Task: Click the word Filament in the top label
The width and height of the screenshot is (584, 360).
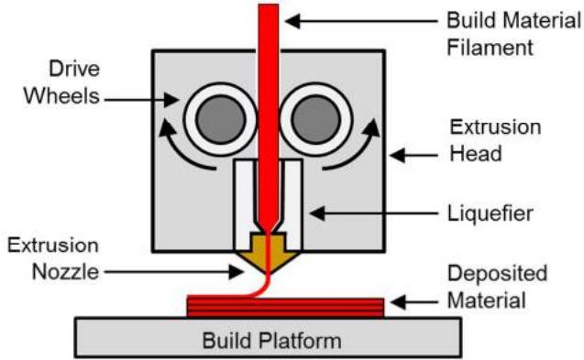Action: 490,48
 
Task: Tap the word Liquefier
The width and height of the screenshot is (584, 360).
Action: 490,213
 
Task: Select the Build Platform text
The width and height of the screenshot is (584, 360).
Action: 271,340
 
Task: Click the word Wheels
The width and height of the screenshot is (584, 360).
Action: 61,96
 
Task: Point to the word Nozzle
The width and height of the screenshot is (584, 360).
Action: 66,272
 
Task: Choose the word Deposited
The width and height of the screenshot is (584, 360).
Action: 497,274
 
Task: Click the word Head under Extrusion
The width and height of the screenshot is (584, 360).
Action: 476,154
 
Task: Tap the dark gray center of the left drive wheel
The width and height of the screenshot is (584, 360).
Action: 220,119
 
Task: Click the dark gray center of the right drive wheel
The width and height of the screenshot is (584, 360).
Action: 316,119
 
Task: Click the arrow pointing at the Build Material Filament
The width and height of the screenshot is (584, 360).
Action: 361,21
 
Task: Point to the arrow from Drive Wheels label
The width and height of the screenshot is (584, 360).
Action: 141,100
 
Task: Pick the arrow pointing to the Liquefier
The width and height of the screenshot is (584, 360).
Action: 373,213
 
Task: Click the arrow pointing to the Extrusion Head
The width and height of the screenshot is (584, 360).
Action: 413,155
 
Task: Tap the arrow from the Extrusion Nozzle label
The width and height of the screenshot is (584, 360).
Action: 174,272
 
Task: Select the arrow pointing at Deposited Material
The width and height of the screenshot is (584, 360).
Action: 414,302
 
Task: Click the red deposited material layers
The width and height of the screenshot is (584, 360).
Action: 285,307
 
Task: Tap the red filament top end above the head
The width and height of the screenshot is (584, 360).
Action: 268,5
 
